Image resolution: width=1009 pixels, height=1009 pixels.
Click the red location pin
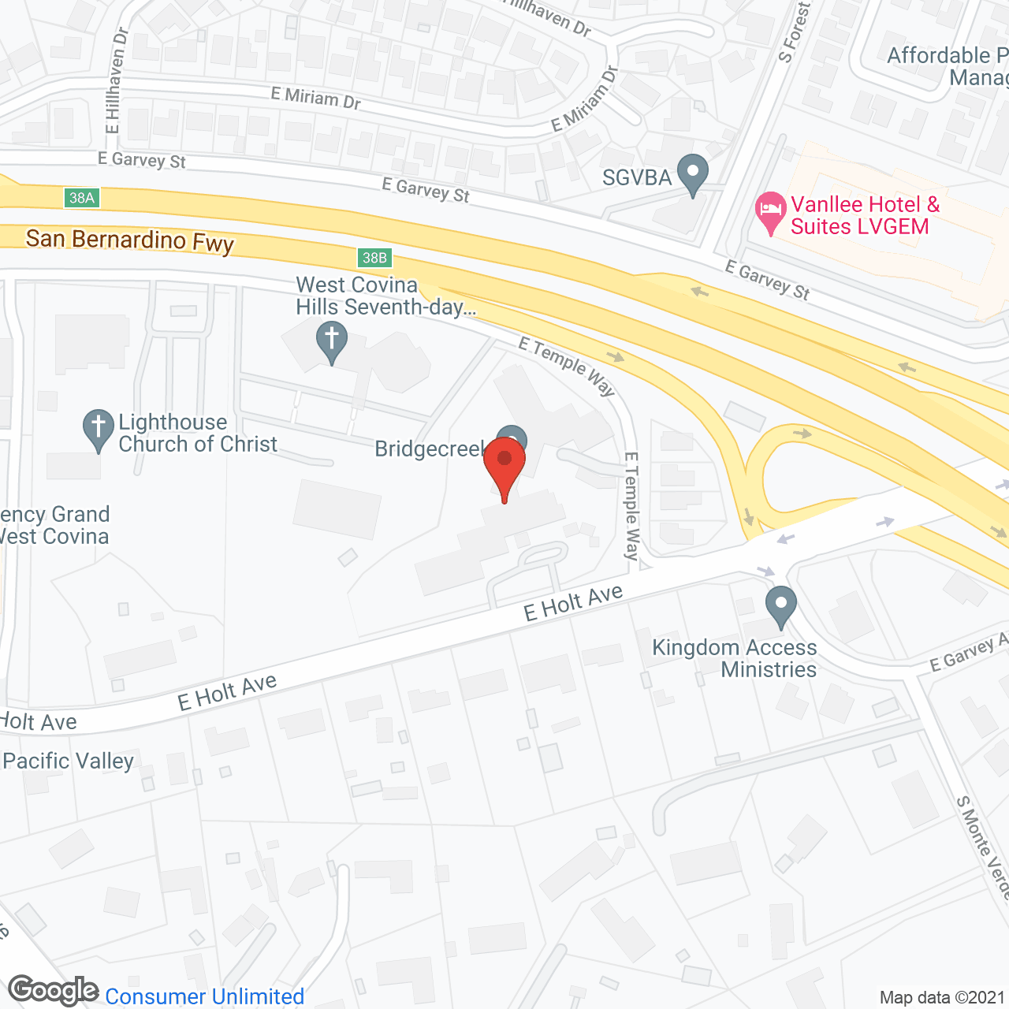coord(504,466)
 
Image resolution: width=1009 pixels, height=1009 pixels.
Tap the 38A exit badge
coord(82,198)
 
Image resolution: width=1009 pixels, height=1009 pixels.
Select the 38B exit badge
coord(374,258)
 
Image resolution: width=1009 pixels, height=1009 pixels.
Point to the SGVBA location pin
coord(693,174)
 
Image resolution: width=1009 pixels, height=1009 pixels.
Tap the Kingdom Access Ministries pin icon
coord(781,606)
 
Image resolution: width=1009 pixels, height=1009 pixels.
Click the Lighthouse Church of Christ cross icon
coord(99,429)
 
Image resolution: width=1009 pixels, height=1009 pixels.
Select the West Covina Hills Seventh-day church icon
coord(332,342)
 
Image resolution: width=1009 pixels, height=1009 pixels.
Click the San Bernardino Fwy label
coord(130,240)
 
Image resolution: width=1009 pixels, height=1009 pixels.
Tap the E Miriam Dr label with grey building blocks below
coord(315,98)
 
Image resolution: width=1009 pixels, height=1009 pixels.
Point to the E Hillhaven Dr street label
coord(116,81)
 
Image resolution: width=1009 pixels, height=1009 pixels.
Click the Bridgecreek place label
coord(430,449)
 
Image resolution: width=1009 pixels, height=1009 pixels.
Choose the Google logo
coord(53,991)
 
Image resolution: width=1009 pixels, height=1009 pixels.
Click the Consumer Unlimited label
coord(205,996)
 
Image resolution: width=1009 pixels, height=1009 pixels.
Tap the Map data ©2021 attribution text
coord(942,998)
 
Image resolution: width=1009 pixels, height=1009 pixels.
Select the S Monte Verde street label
coord(982,847)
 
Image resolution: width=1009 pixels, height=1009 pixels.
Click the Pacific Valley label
coord(69,761)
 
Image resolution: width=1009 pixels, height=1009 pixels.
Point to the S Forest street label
coord(794,32)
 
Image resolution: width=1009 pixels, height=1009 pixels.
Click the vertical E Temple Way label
coord(631,505)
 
